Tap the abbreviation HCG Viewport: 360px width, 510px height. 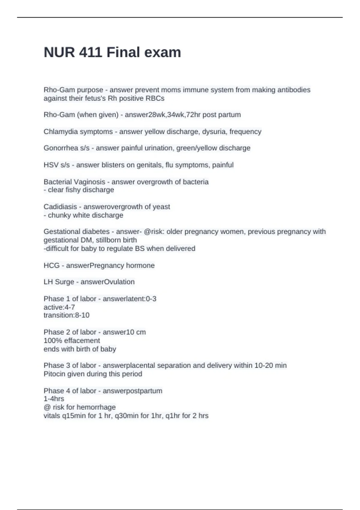[52, 265]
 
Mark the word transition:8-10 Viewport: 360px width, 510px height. [67, 315]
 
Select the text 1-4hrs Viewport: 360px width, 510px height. [54, 399]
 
